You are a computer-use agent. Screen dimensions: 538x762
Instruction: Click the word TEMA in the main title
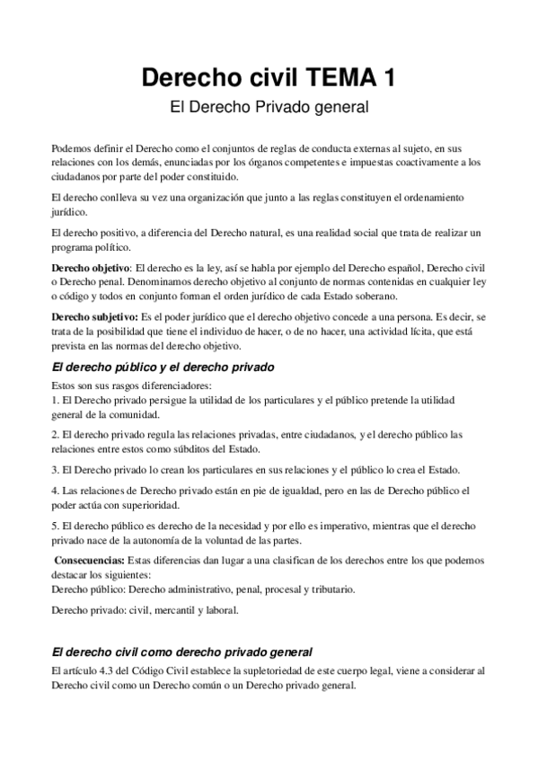click(338, 78)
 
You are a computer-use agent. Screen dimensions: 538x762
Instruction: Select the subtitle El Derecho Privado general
click(269, 107)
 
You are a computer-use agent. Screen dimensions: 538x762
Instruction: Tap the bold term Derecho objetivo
click(91, 269)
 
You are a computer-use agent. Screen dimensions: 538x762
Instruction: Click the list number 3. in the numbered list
click(54, 470)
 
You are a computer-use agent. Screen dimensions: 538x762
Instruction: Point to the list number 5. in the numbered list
click(54, 526)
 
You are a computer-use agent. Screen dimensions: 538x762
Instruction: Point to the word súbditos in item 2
click(185, 449)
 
